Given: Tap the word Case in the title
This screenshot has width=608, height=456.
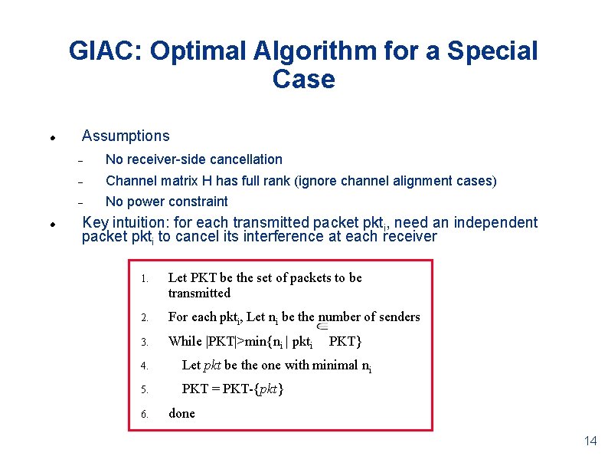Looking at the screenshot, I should (x=303, y=79).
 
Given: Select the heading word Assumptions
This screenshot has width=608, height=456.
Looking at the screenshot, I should (x=126, y=136).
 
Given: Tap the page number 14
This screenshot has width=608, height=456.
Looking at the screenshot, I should (x=590, y=441).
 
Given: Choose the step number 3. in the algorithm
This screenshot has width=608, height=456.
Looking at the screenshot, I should (x=145, y=342).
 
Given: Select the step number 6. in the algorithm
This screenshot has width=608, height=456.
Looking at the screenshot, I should (x=145, y=414).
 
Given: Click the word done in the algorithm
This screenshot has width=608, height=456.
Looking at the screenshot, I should (x=181, y=413).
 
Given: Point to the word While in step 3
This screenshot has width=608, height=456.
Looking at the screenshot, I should (x=185, y=341).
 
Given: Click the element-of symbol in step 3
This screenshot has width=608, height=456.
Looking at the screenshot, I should (x=322, y=326).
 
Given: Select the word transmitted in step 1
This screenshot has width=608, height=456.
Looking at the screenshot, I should (x=199, y=293).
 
